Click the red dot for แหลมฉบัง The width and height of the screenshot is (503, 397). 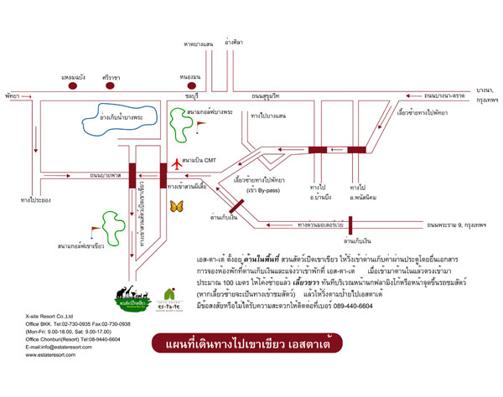coord(74,86)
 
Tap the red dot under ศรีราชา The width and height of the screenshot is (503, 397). coord(108,86)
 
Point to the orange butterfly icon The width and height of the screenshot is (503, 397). coord(177,205)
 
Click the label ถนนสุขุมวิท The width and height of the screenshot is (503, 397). coord(267,97)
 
